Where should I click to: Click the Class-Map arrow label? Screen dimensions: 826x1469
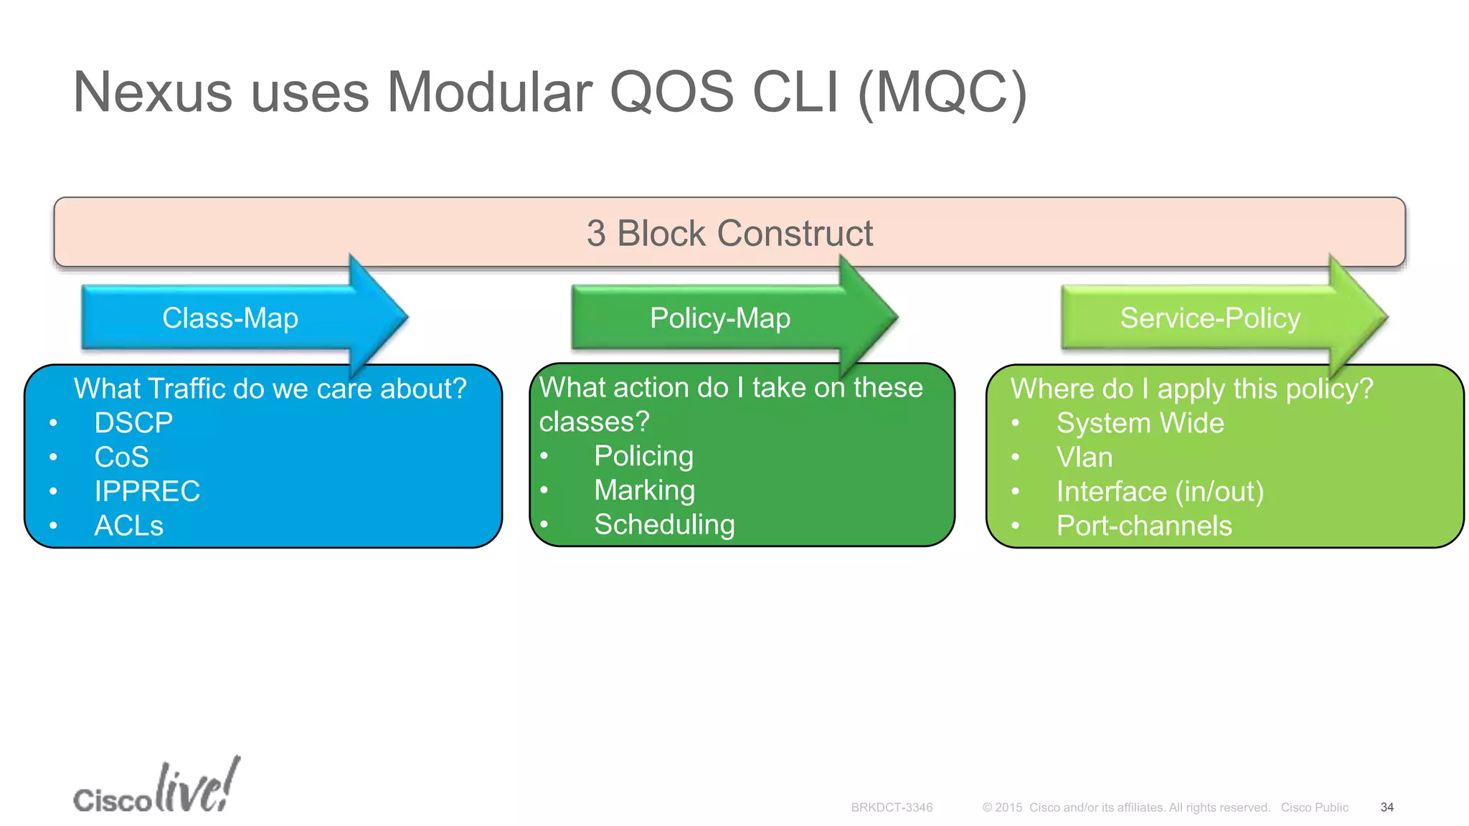(x=230, y=318)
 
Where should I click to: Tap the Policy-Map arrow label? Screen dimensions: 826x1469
(x=719, y=318)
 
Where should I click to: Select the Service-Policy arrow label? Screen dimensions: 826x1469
(x=1209, y=318)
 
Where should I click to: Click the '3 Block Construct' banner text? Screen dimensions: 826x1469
(x=729, y=233)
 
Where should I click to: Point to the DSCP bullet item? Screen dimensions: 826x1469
(x=133, y=423)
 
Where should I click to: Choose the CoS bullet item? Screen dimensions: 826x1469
(x=121, y=457)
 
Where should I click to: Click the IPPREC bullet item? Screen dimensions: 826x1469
(x=147, y=492)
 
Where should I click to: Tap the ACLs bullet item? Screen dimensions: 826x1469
(x=128, y=526)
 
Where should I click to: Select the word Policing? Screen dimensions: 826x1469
(x=643, y=456)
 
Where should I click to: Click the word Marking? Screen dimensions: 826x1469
(x=644, y=490)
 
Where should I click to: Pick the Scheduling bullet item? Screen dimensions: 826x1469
(x=664, y=525)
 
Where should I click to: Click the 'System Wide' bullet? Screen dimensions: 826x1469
(x=1139, y=423)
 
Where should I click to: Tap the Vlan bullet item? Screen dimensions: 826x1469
(x=1084, y=457)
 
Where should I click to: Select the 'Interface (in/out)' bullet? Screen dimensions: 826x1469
(x=1159, y=492)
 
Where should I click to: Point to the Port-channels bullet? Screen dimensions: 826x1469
(x=1143, y=526)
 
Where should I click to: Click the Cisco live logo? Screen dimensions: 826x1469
(x=156, y=788)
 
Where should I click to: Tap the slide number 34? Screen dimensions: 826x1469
(x=1387, y=807)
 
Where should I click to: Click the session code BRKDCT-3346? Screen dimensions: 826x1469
(x=892, y=807)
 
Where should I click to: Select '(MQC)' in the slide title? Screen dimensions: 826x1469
(x=942, y=93)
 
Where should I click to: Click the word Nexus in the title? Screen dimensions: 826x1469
(x=152, y=93)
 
